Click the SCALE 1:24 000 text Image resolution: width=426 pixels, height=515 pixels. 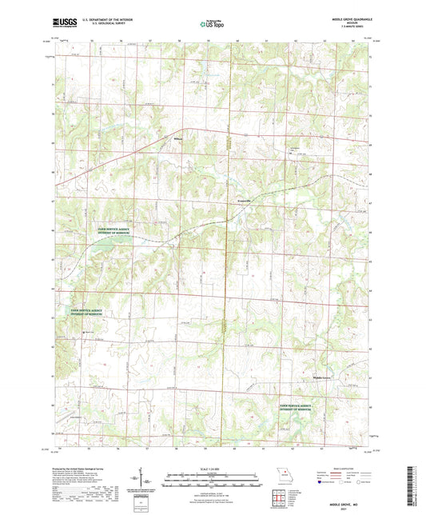pos(212,469)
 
